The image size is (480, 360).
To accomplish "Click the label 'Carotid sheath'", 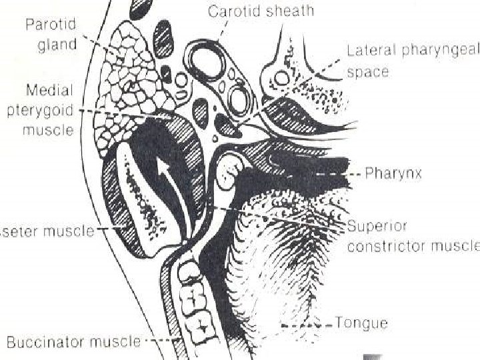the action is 261,11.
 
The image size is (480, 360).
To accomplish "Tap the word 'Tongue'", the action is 361,323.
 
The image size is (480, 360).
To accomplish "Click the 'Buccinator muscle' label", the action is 73,342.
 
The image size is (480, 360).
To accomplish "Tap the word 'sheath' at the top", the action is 290,11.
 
